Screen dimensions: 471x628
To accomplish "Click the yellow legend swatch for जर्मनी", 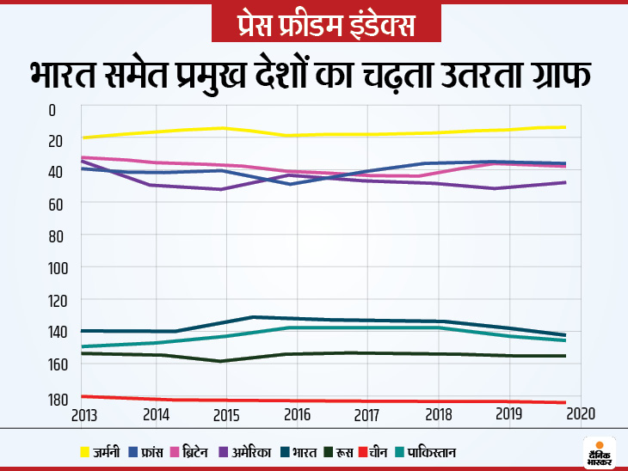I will point(83,451).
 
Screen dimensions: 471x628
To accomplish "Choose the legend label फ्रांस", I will point(149,451).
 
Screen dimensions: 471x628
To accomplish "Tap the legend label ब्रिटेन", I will point(204,451).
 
